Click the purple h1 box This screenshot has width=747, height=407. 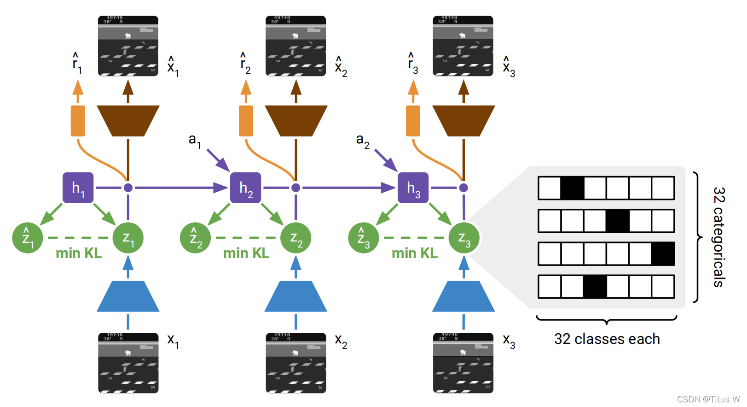tap(78, 188)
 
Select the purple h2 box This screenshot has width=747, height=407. tap(245, 188)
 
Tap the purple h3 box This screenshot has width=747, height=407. tap(413, 188)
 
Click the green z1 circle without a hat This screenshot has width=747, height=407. tap(128, 238)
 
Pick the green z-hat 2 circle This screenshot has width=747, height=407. tap(195, 238)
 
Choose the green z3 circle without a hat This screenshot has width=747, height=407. tap(464, 238)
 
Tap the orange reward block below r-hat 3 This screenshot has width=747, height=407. tap(413, 121)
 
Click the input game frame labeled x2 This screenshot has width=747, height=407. tap(296, 363)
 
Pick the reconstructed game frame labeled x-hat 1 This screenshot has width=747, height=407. tap(128, 46)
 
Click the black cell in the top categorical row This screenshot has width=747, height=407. tap(572, 188)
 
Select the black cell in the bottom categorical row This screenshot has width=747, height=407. tap(595, 287)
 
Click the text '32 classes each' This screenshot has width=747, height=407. tap(607, 339)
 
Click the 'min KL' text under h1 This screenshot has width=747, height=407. tap(79, 253)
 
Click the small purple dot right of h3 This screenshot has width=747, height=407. tap(463, 188)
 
